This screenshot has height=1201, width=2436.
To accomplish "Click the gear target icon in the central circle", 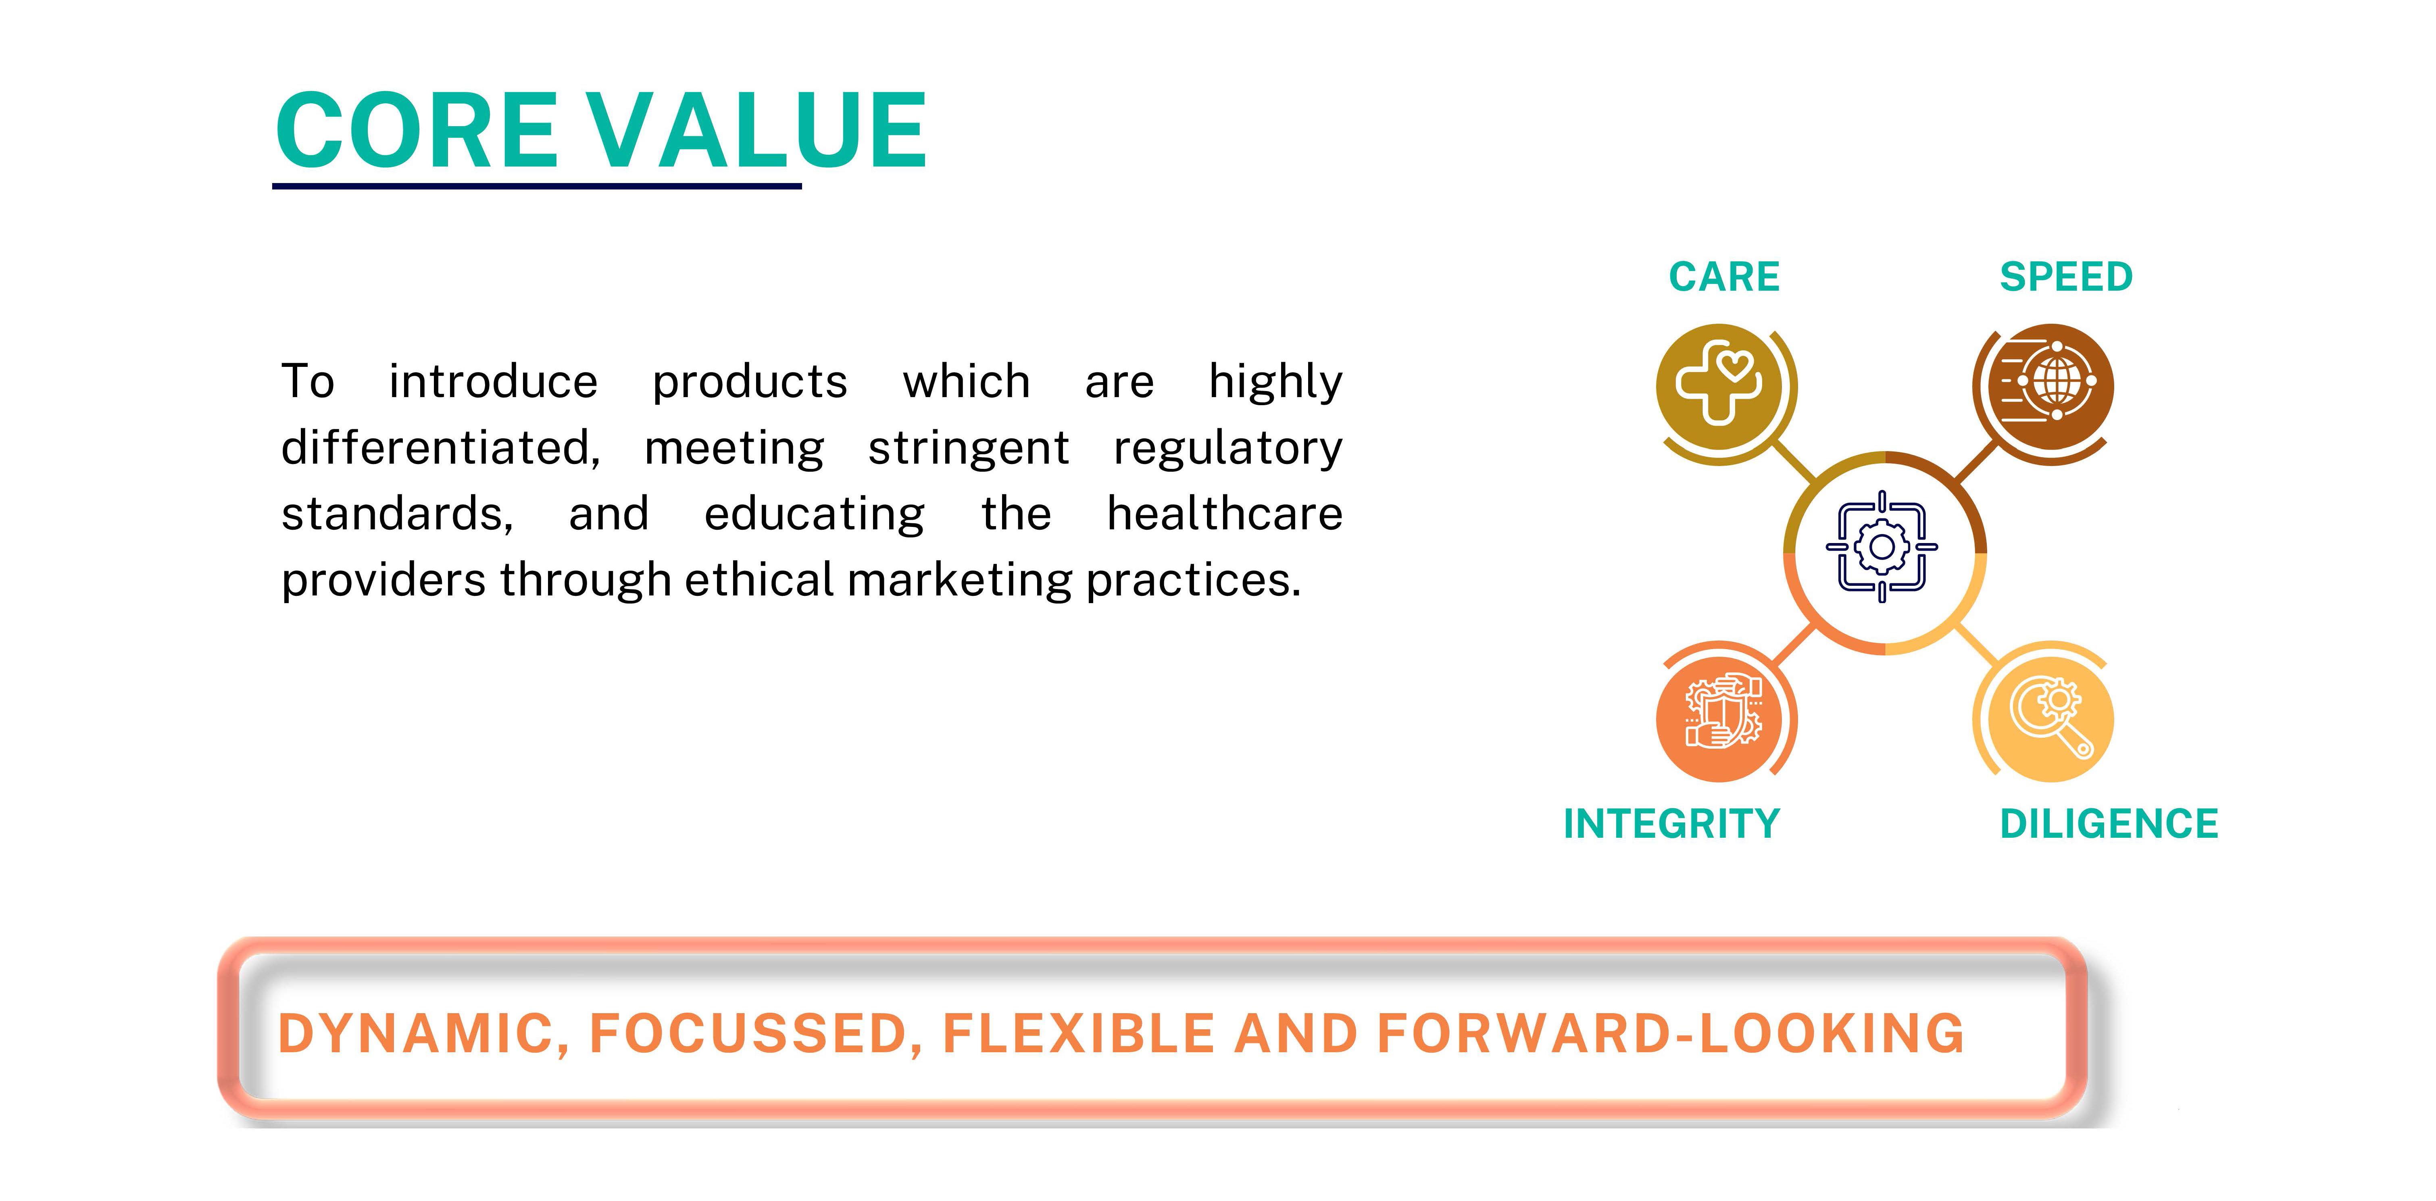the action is click(x=1882, y=547).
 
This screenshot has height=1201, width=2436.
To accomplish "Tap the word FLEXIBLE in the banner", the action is click(x=1079, y=1034).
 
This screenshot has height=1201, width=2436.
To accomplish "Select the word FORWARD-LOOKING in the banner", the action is click(x=1671, y=1034).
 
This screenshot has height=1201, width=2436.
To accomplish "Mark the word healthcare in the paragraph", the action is click(x=1225, y=514).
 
